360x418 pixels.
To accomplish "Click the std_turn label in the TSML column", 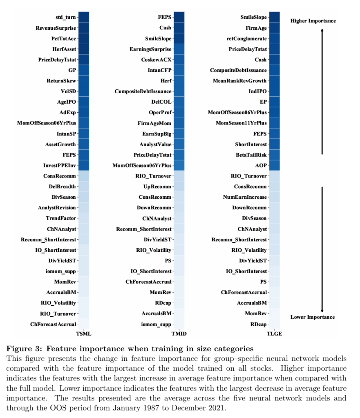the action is pos(66,17).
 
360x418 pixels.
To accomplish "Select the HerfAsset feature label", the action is pos(64,49).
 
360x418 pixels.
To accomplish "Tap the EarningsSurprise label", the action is pos(150,49).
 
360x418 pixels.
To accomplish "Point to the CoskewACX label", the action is pos(157,60).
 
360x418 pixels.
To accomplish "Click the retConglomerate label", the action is pos(246,39).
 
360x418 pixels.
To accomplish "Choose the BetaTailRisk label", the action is pos(251,155).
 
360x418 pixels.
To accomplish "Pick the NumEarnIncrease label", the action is pos(245,197).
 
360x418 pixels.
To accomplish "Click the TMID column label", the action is pos(179,334).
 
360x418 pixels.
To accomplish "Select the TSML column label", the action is pos(84,334).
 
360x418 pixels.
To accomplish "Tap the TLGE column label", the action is pos(274,334).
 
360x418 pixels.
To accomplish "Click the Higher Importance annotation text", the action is pos(313,21).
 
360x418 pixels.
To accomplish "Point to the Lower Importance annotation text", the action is pos(313,317).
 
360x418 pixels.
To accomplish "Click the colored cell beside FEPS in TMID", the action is pos(179,17).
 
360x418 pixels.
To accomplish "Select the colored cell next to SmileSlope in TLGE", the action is pos(274,17).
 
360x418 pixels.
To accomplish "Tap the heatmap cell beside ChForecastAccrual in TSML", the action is pos(84,324).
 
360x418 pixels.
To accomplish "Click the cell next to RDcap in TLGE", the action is pos(274,324).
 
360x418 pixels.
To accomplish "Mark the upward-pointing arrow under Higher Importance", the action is pos(322,91).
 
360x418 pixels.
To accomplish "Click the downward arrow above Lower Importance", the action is pos(322,249).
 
